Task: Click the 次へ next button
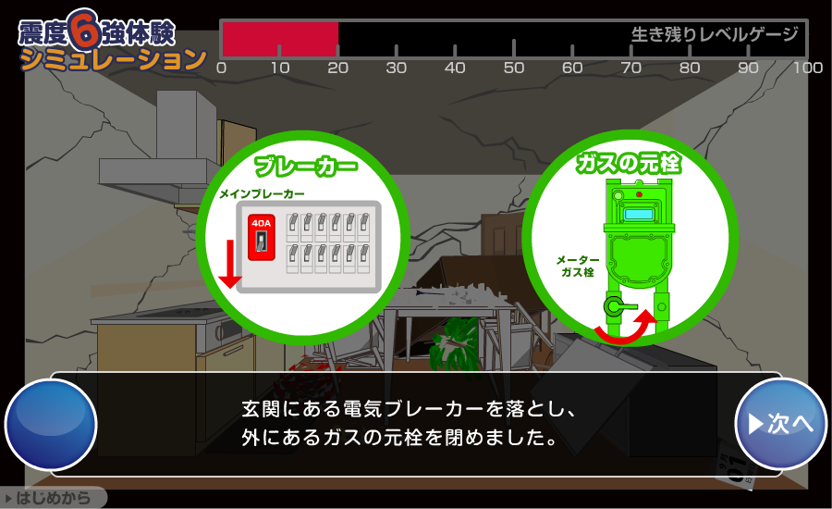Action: click(780, 423)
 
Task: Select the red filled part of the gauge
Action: click(280, 40)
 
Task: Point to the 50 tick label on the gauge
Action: click(513, 68)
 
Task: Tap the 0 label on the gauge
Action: click(221, 68)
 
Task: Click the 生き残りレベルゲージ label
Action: click(714, 35)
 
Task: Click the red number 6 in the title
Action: click(85, 31)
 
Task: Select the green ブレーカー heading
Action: click(305, 168)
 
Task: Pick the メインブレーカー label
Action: click(263, 194)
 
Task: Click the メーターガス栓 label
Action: click(578, 267)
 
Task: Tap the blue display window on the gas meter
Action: click(638, 215)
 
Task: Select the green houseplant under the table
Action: click(457, 338)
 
